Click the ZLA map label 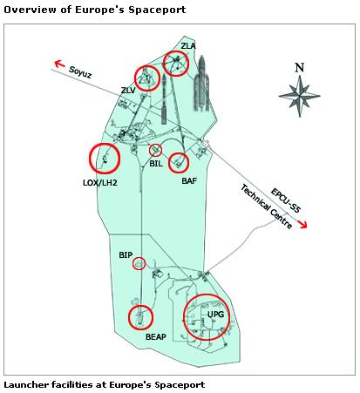pos(188,46)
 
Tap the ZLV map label pos(128,91)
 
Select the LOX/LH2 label pos(100,183)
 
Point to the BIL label pos(156,164)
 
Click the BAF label pos(189,181)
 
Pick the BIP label pos(126,255)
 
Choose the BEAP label pos(156,337)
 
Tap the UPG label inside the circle pos(216,315)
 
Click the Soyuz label pos(80,72)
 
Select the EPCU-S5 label pos(285,200)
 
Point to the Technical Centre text pos(266,207)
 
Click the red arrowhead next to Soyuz pos(59,64)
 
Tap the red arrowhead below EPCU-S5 pos(302,224)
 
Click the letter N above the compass pos(300,67)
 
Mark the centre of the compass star pos(300,96)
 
